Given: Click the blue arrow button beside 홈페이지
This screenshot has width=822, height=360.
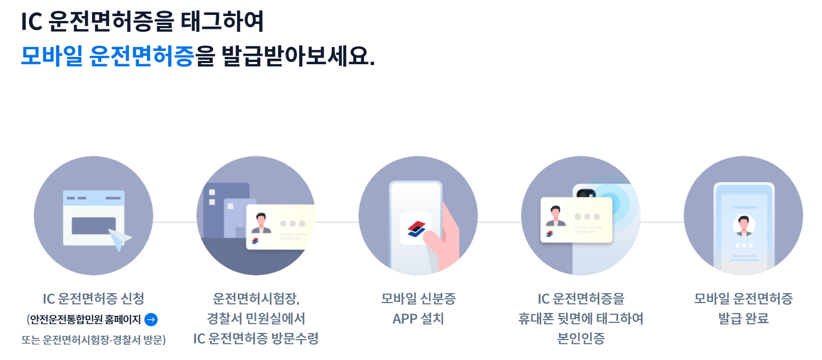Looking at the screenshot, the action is (x=151, y=320).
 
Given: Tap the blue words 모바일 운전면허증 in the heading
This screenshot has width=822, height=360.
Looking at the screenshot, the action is (x=107, y=56).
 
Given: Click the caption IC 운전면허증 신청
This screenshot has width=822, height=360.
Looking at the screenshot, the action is (x=93, y=299).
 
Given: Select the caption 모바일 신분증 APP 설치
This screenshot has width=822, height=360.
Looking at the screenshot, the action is (x=418, y=309).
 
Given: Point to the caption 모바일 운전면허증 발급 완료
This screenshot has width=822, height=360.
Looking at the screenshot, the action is (x=743, y=309).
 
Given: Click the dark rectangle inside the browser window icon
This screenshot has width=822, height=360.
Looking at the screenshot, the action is (x=93, y=226).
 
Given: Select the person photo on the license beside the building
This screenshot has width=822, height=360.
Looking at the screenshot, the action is (x=261, y=222).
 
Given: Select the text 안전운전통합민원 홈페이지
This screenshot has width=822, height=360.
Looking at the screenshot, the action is (x=85, y=320).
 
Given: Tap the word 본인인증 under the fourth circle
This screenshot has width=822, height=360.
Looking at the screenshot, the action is (x=581, y=338).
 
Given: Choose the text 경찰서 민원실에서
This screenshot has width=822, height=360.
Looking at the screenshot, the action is (x=256, y=319).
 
